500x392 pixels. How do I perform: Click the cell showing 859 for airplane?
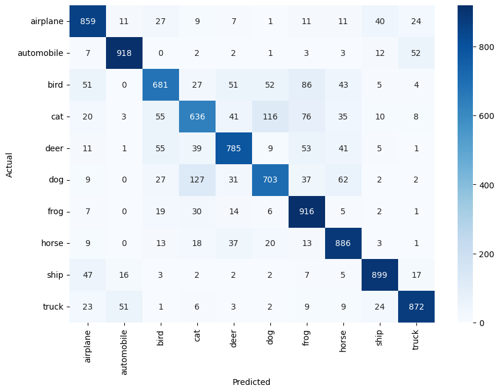(x=88, y=21)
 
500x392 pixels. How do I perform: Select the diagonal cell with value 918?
(x=124, y=53)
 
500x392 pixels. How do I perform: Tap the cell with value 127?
(x=197, y=180)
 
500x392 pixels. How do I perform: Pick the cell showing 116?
(x=270, y=117)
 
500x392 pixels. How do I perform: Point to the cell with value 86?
(x=306, y=85)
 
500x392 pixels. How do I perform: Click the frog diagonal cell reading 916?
(x=306, y=212)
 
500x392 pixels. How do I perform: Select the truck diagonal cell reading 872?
(x=416, y=307)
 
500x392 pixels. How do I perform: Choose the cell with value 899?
(x=379, y=275)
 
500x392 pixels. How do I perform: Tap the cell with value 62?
(x=343, y=180)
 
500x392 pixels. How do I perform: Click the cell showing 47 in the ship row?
(x=88, y=275)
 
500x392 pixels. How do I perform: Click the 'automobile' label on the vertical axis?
(x=41, y=53)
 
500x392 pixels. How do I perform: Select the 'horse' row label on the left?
(x=52, y=243)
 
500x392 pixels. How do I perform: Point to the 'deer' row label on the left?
(x=54, y=148)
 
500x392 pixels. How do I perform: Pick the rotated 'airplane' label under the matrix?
(x=87, y=347)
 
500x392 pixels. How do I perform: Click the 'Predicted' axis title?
(x=251, y=382)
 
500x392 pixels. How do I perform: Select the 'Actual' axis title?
(x=9, y=165)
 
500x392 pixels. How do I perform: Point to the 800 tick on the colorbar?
(x=486, y=47)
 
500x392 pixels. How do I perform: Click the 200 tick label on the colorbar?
(x=486, y=254)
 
